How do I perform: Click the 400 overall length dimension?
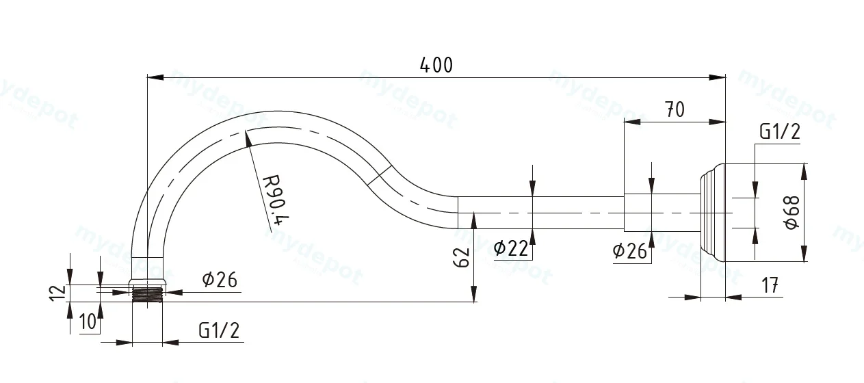(x=436, y=65)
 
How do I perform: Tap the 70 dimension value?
(x=675, y=109)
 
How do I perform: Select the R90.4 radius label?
(x=275, y=200)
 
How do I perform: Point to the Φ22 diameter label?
(x=511, y=248)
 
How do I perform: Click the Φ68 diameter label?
(x=793, y=212)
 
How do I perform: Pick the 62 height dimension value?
(x=461, y=258)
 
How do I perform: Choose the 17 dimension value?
(x=770, y=286)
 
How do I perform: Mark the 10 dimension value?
(x=88, y=321)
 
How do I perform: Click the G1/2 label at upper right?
(x=780, y=131)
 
